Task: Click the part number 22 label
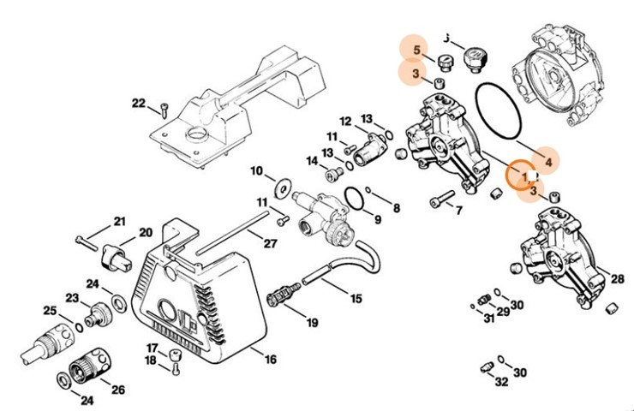click(x=139, y=104)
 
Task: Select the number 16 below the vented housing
click(x=270, y=360)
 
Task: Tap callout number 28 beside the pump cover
click(x=617, y=278)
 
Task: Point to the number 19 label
click(x=312, y=323)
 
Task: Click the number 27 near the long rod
click(x=271, y=243)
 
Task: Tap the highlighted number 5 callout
click(x=417, y=50)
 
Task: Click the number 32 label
click(x=501, y=382)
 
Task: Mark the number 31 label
click(x=488, y=319)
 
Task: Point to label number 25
click(x=50, y=310)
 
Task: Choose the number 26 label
click(x=117, y=390)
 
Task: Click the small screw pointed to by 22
click(x=162, y=109)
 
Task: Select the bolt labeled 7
click(x=440, y=202)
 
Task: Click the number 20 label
click(x=146, y=232)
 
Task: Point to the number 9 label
click(x=375, y=220)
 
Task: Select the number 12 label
click(x=346, y=121)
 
